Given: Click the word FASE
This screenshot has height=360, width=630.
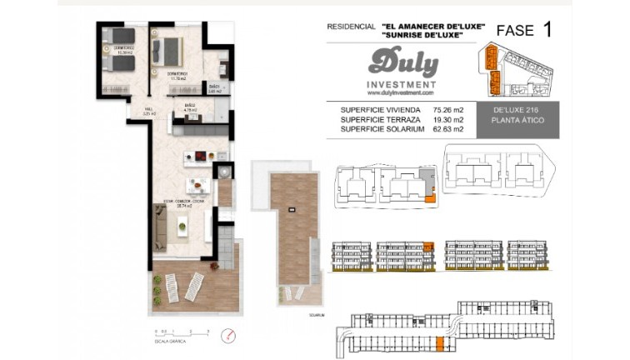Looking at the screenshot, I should pos(515,31).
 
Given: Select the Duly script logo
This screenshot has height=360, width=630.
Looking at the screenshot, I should pos(402,62).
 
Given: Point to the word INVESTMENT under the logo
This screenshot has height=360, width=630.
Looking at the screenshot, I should pos(402,84).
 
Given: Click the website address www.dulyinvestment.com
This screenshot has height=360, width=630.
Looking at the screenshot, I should pos(401,93).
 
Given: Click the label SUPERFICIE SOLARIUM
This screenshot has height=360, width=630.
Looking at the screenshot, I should pos(382,129).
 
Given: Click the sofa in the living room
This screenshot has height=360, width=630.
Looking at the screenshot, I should pos(161,227).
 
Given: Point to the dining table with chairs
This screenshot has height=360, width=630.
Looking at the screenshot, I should pos(197,185).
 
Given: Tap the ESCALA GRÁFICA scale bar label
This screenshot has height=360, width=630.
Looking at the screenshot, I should pos(163,342).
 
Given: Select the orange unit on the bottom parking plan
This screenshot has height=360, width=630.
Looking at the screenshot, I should pos(438,342).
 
